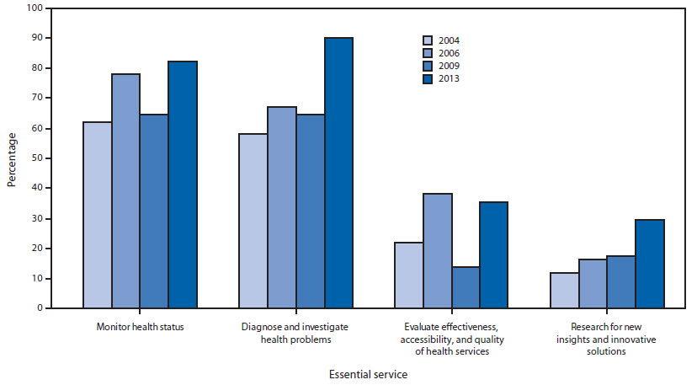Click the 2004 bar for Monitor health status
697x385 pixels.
[x=97, y=215]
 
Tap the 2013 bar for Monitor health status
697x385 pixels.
[x=183, y=184]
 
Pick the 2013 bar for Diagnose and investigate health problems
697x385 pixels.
[x=338, y=173]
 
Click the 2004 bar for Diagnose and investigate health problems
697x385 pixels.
[x=253, y=221]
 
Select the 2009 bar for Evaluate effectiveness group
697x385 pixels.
[x=466, y=287]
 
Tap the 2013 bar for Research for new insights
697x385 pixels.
[x=650, y=264]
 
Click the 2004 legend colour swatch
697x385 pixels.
[x=428, y=40]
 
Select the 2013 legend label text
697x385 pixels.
[x=449, y=79]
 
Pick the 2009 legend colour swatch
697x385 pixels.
[x=428, y=67]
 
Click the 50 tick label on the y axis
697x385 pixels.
[x=35, y=158]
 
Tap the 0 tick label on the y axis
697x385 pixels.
[x=38, y=308]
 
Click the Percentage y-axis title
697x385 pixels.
[x=11, y=158]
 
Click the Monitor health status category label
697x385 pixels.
[x=140, y=327]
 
